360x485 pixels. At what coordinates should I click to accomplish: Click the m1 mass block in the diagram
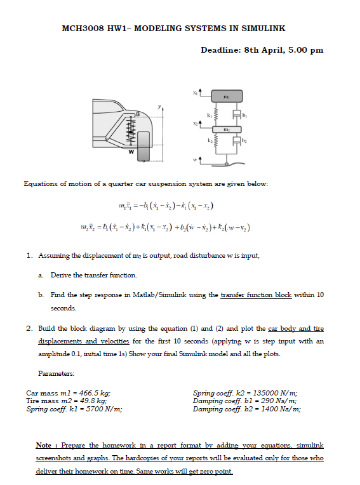pyautogui.click(x=226, y=96)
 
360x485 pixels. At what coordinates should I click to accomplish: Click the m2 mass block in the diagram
pyautogui.click(x=226, y=129)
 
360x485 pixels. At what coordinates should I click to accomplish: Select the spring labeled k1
pyautogui.click(x=217, y=114)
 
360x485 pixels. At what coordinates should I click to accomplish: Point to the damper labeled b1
pyautogui.click(x=237, y=114)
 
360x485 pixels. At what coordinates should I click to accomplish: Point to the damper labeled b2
pyautogui.click(x=237, y=143)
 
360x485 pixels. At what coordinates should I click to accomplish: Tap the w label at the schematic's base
pyautogui.click(x=195, y=159)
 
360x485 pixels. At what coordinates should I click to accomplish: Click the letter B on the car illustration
pyautogui.click(x=135, y=114)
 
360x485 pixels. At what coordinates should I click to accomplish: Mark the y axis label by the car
pyautogui.click(x=160, y=106)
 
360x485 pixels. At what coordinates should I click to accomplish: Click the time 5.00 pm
pyautogui.click(x=305, y=50)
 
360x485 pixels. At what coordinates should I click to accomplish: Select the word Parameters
pyautogui.click(x=57, y=373)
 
